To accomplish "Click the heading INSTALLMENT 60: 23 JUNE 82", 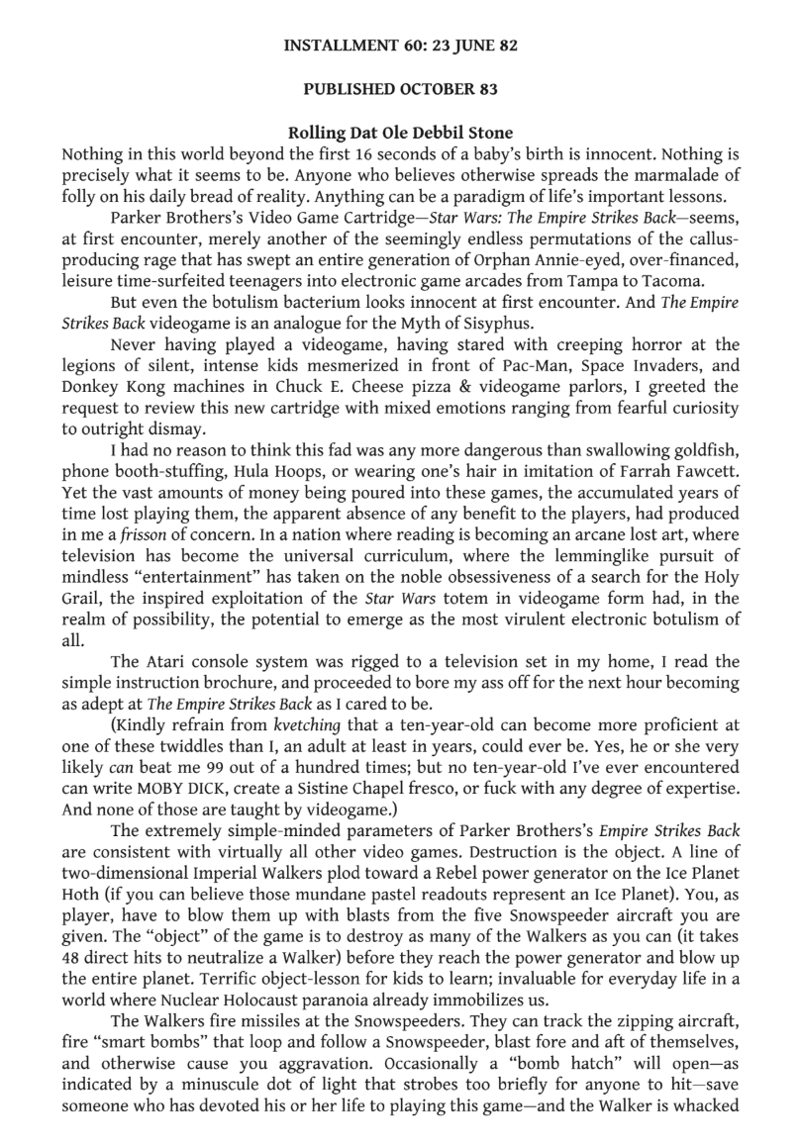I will tap(401, 45).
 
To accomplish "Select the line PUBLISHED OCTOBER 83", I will tap(401, 88).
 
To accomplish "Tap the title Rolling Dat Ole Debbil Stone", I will tap(401, 133).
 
